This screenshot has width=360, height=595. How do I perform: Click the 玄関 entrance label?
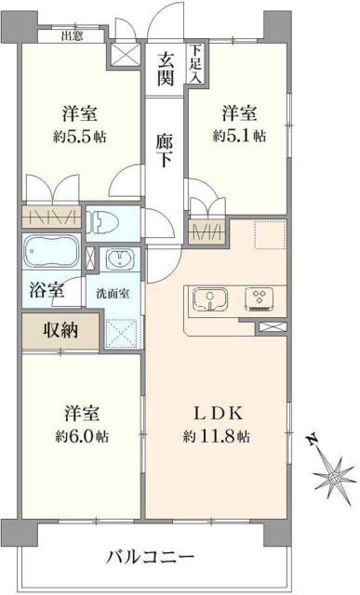[x=167, y=70]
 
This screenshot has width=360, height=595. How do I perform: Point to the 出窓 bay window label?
[x=72, y=37]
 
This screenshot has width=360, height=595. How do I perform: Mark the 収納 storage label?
[x=58, y=330]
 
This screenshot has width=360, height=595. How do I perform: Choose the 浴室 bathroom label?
[x=45, y=290]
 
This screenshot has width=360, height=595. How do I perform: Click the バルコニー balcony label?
[x=149, y=558]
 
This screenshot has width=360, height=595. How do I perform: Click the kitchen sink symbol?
[x=211, y=300]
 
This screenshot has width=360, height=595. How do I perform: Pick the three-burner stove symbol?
[x=256, y=299]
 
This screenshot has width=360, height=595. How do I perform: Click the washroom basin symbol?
[x=118, y=259]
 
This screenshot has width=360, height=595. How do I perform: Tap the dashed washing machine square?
[x=120, y=332]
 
